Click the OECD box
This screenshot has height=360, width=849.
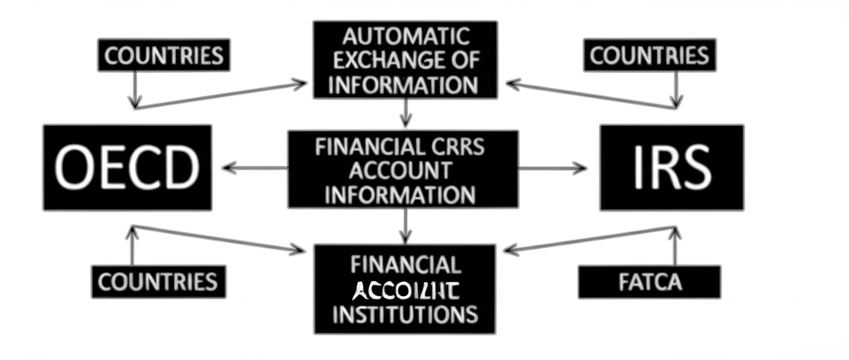pos(127,167)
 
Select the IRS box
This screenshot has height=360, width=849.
pos(672,167)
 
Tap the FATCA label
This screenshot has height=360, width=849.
pos(649,282)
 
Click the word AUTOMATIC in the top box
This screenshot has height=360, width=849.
pos(405,36)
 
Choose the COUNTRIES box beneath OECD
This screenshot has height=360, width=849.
pos(158,281)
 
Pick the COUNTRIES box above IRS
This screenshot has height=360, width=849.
pos(649,56)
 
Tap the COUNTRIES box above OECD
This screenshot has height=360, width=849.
pos(164,56)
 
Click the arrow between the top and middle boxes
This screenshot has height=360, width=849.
pos(404,112)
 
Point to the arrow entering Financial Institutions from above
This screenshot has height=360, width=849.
pos(404,226)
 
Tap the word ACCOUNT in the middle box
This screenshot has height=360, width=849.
pos(403,171)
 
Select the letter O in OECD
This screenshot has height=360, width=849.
pos(74,168)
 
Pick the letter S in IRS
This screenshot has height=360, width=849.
pos(694,168)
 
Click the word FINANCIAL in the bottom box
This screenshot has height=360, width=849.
pos(405,265)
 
